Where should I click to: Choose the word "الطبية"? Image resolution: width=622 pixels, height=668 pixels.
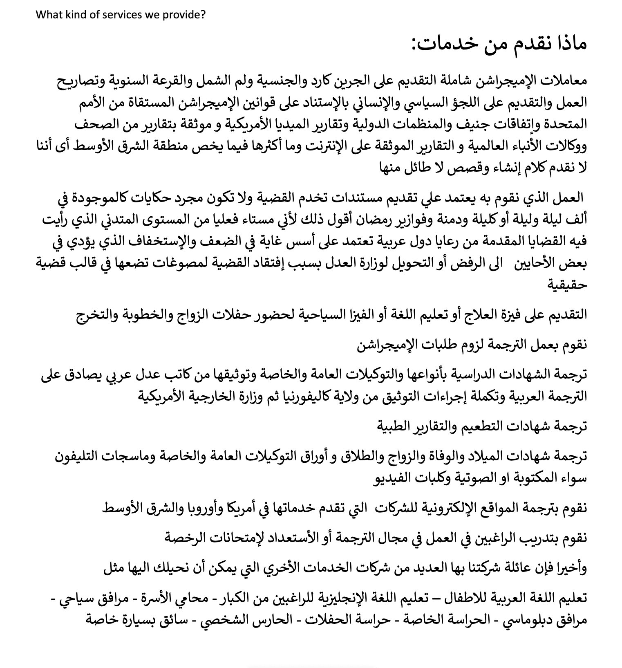click(397, 426)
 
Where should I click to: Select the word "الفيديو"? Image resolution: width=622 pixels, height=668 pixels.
click(393, 478)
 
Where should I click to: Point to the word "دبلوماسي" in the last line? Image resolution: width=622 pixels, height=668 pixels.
click(521, 620)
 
